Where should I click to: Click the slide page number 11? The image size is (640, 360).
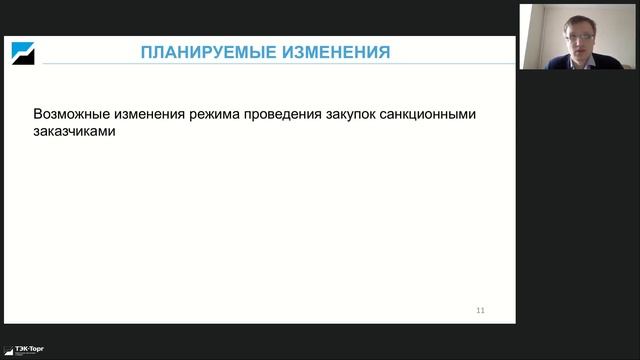[x=480, y=311]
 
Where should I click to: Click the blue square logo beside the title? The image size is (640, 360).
[x=22, y=52]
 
